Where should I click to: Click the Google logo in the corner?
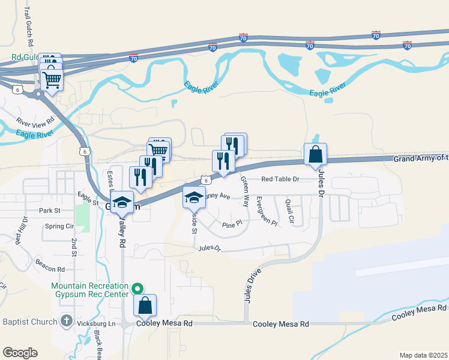tap(20, 353)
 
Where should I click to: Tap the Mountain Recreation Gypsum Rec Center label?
tap(90, 290)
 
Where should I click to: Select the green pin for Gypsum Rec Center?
tap(137, 287)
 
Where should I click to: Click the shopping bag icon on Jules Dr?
tap(315, 155)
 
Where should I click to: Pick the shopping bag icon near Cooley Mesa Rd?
tap(145, 306)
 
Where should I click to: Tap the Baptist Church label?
tap(28, 322)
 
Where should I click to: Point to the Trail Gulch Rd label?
tap(28, 27)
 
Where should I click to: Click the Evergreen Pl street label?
tap(267, 211)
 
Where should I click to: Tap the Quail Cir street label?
tap(290, 211)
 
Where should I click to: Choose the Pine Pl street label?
tap(232, 224)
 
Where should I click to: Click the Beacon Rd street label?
tap(49, 269)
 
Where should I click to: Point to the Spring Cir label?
tap(59, 227)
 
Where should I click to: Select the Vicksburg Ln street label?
tap(96, 323)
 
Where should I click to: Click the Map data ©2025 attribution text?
tap(423, 355)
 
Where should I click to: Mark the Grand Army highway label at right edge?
tap(420, 158)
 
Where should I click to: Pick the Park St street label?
tap(50, 211)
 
